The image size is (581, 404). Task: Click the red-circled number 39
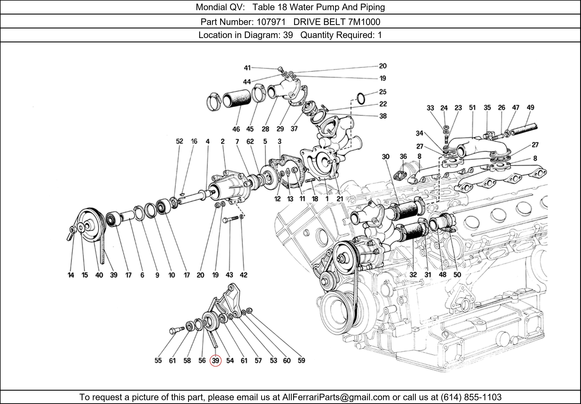(x=215, y=360)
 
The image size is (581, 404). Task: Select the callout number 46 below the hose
(x=236, y=129)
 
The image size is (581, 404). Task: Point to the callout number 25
(x=383, y=92)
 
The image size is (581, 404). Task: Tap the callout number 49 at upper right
(x=530, y=107)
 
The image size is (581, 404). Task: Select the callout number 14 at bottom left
(x=71, y=275)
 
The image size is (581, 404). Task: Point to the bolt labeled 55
(x=176, y=330)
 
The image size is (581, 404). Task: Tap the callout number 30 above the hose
(x=385, y=157)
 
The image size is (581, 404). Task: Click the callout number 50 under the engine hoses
(x=457, y=275)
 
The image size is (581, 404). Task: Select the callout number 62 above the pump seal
(x=250, y=141)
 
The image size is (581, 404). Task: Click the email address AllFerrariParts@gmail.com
(x=336, y=397)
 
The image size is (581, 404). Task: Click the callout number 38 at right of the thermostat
(x=383, y=116)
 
